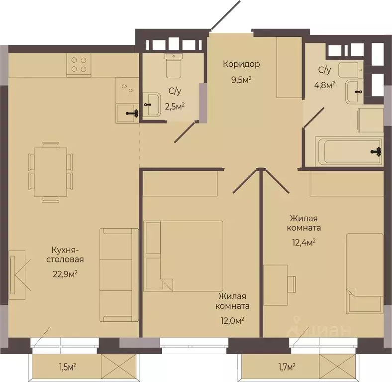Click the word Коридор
pyautogui.click(x=241, y=64)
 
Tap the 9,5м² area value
pyautogui.click(x=241, y=80)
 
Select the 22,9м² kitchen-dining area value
pyautogui.click(x=65, y=274)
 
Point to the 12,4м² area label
pyautogui.click(x=304, y=243)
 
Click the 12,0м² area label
pyautogui.click(x=232, y=320)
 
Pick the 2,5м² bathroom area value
pyautogui.click(x=175, y=107)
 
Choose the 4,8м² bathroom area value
pyautogui.click(x=324, y=85)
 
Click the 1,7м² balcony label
pyautogui.click(x=287, y=367)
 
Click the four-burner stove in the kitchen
pyautogui.click(x=79, y=65)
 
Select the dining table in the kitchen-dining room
pyautogui.click(x=51, y=172)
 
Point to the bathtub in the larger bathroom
pyautogui.click(x=349, y=151)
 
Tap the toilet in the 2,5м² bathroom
pyautogui.click(x=173, y=66)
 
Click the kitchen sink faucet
pyautogui.click(x=132, y=114)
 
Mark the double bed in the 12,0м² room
pyautogui.click(x=183, y=256)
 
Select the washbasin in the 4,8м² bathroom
pyautogui.click(x=355, y=92)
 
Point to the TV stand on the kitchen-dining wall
pyautogui.click(x=17, y=275)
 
